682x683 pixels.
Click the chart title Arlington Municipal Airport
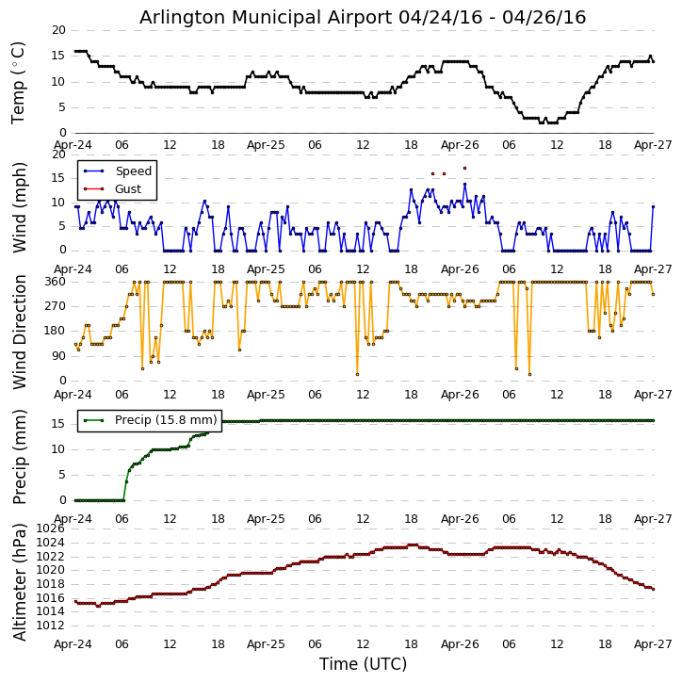point(266,18)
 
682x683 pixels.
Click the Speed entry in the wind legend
point(133,171)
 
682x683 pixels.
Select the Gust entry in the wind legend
point(128,189)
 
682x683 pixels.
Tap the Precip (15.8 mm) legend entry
point(166,420)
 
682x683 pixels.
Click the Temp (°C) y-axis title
point(18,83)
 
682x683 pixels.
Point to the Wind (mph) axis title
point(19,207)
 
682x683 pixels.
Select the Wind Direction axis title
point(19,332)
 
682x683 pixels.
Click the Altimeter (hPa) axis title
point(19,582)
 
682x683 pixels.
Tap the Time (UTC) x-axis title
point(363,664)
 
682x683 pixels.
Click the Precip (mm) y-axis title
point(19,457)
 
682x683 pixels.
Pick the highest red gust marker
point(464,168)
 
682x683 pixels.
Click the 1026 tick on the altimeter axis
point(50,529)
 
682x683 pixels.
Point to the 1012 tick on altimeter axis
point(50,626)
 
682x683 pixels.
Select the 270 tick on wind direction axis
point(56,306)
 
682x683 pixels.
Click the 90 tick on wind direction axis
point(58,356)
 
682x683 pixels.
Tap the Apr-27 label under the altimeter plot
point(653,644)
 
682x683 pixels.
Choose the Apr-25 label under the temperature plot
point(266,145)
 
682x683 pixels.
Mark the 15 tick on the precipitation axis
point(58,424)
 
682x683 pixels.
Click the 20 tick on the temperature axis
point(58,30)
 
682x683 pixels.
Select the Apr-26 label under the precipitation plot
point(460,519)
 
